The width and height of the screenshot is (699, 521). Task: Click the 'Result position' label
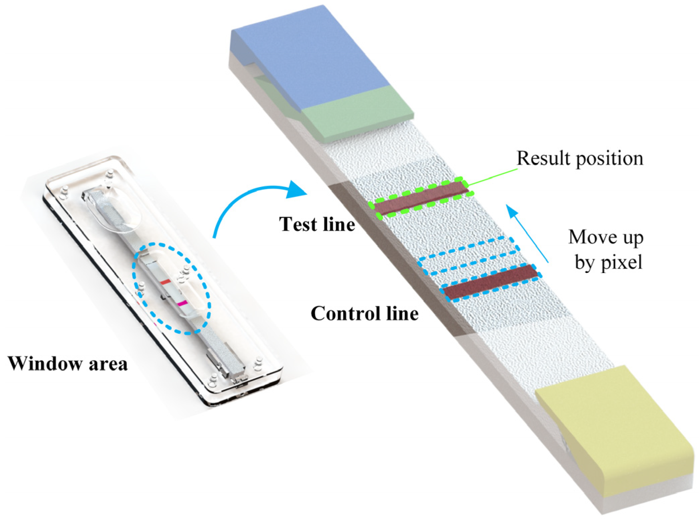pyautogui.click(x=579, y=158)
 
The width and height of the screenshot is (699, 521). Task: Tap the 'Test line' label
pyautogui.click(x=317, y=224)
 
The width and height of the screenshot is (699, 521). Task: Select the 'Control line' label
pyautogui.click(x=364, y=314)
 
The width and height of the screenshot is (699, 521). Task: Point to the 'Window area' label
pyautogui.click(x=68, y=364)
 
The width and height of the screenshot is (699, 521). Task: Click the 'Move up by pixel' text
pyautogui.click(x=606, y=249)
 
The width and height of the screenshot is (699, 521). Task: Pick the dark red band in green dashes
pyautogui.click(x=421, y=198)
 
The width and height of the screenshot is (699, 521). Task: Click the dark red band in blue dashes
pyautogui.click(x=491, y=281)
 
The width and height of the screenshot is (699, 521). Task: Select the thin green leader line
pyautogui.click(x=492, y=177)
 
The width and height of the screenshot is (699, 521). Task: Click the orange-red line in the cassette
pyautogui.click(x=165, y=282)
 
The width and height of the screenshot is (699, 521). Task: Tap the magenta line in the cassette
pyautogui.click(x=182, y=303)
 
